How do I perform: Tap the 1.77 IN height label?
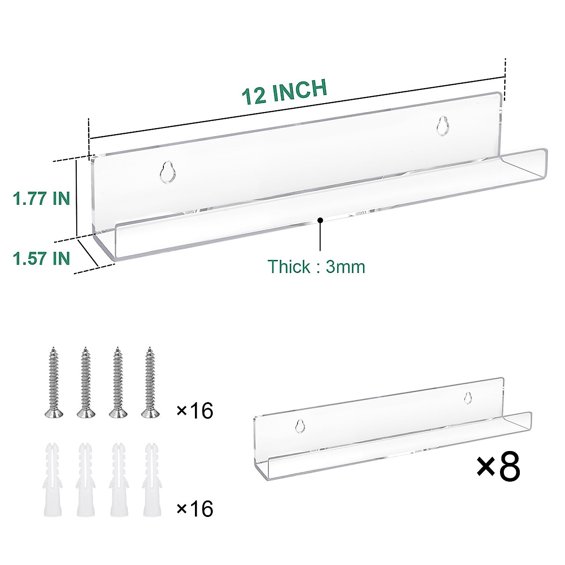pyautogui.click(x=41, y=198)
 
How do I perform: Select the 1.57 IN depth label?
pyautogui.click(x=41, y=258)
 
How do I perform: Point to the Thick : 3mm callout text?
pyautogui.click(x=316, y=266)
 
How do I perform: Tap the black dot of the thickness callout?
pyautogui.click(x=320, y=219)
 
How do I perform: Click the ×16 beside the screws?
pyautogui.click(x=194, y=411)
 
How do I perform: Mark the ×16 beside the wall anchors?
pyautogui.click(x=194, y=509)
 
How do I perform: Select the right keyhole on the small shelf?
pyautogui.click(x=467, y=398)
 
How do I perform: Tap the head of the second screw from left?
pyautogui.click(x=85, y=413)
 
